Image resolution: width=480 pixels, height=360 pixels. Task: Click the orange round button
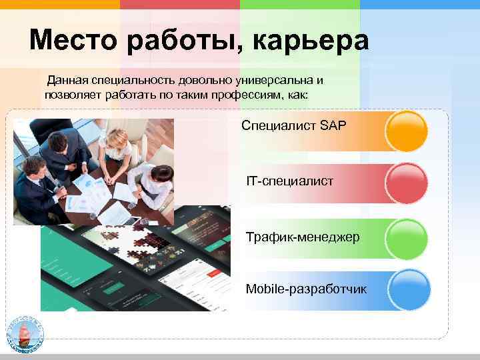pos(407,130)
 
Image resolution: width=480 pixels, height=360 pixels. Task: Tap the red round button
pos(407,183)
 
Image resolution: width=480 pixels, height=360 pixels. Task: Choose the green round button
pos(407,237)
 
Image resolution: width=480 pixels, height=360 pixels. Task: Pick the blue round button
pos(407,290)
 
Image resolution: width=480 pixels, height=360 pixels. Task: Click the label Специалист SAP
pos(294,125)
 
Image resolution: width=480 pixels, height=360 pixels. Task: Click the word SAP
pos(333,125)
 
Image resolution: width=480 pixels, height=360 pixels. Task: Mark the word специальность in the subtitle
pos(136,81)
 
